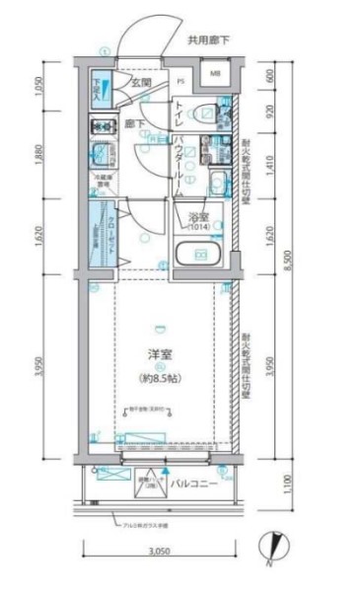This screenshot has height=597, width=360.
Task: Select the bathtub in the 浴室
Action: (200, 253)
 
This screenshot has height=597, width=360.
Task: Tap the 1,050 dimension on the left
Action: (39, 89)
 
